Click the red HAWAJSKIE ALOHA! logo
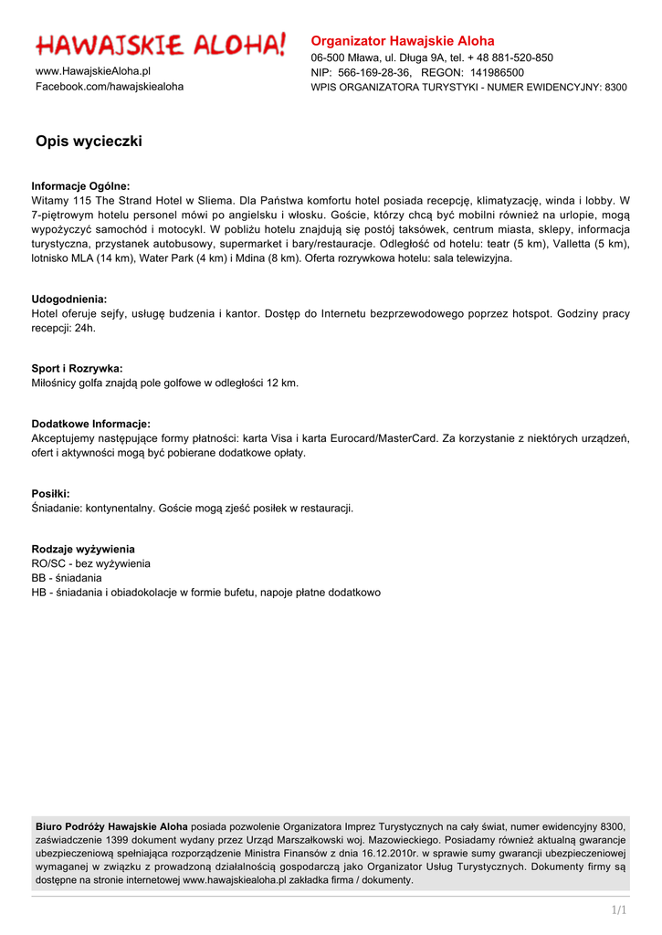(x=161, y=45)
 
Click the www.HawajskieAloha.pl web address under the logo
(x=93, y=71)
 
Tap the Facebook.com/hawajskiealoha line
(x=110, y=87)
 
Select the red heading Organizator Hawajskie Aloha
(x=403, y=41)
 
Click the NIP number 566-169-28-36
(x=374, y=72)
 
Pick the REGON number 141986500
(x=497, y=72)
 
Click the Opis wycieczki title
(x=89, y=142)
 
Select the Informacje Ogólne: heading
(x=81, y=186)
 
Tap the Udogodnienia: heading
(x=69, y=299)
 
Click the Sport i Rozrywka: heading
(x=77, y=369)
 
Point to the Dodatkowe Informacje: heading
(x=91, y=425)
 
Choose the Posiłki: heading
(x=50, y=494)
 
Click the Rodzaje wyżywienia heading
(x=83, y=550)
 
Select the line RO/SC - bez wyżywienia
(x=91, y=564)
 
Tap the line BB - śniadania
(x=67, y=578)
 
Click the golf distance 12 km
(x=282, y=383)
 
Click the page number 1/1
(x=619, y=910)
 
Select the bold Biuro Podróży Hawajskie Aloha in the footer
(x=111, y=826)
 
